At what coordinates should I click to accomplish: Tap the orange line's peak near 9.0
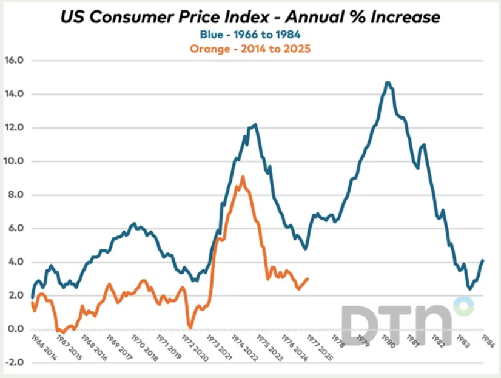click(243, 177)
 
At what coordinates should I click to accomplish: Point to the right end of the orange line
click(308, 279)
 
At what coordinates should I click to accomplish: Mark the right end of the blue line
click(483, 260)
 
